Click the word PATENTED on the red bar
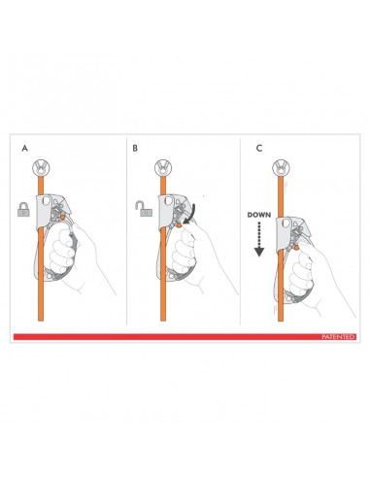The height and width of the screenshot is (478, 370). click(340, 336)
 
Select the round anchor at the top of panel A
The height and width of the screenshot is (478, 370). click(43, 164)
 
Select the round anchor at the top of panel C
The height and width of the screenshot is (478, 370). click(282, 164)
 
